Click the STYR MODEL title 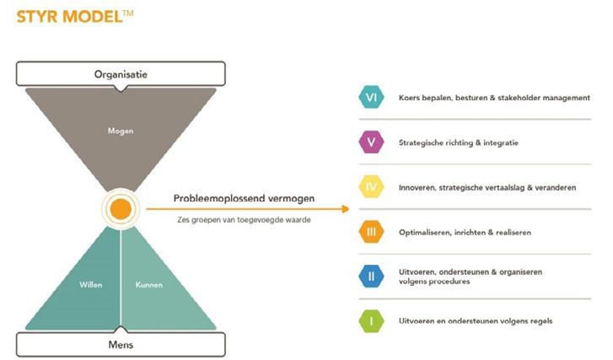coord(74,16)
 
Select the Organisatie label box coord(121,74)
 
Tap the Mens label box coord(121,343)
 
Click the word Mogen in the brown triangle coord(121,132)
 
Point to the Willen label coord(91,284)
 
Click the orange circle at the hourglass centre coord(121,208)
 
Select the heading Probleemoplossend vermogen coord(245,198)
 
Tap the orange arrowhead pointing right coord(345,208)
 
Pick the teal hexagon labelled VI coord(371,98)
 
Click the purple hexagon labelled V coord(371,142)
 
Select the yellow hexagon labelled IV coord(371,187)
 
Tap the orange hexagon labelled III coord(371,232)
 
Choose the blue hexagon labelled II coord(371,277)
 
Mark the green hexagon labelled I coord(371,321)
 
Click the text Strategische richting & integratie coord(459,142)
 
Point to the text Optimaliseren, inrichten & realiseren coord(464,232)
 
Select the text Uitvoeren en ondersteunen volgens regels coord(476,321)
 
